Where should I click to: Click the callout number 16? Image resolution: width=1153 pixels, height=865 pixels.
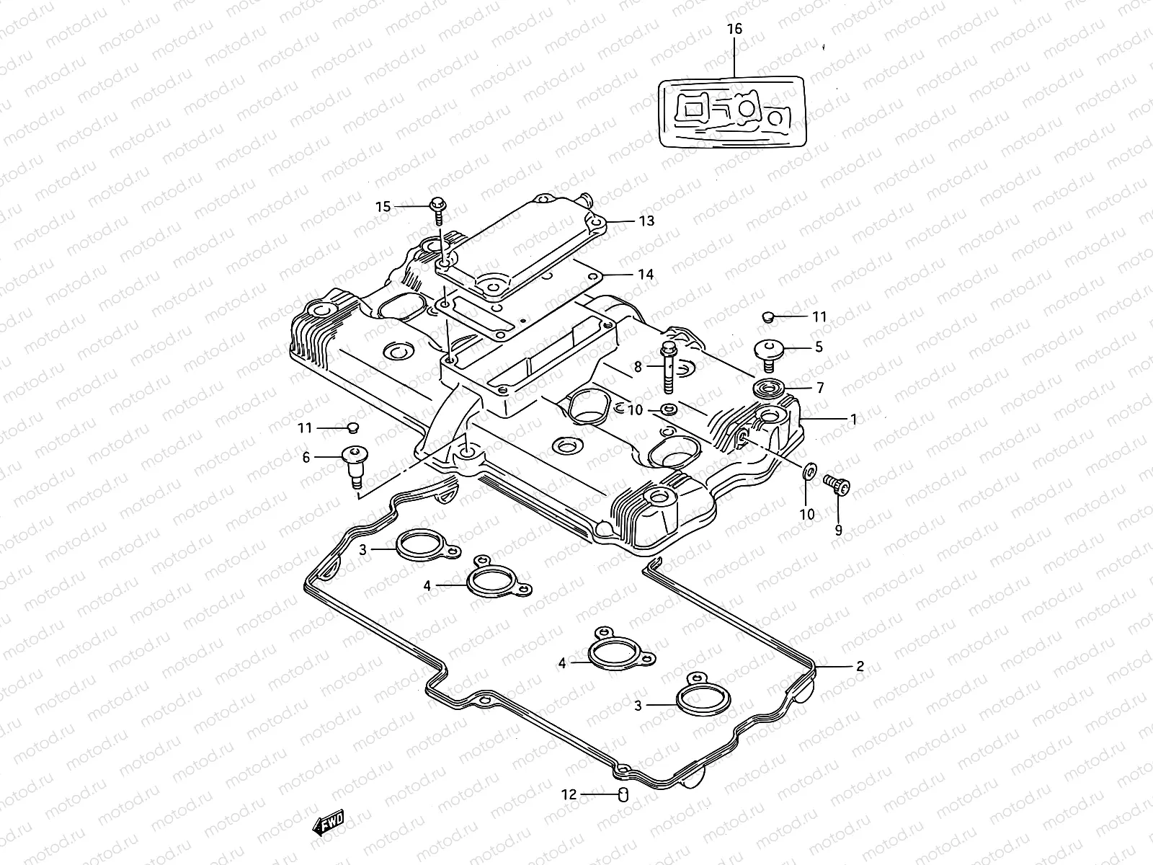click(x=734, y=30)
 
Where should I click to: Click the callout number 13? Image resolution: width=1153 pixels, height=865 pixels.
click(x=646, y=221)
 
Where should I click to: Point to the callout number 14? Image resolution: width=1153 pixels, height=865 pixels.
click(x=645, y=275)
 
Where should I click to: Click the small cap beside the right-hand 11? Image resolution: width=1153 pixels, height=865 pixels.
click(x=767, y=316)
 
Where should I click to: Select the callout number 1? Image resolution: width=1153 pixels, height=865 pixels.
click(x=853, y=418)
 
